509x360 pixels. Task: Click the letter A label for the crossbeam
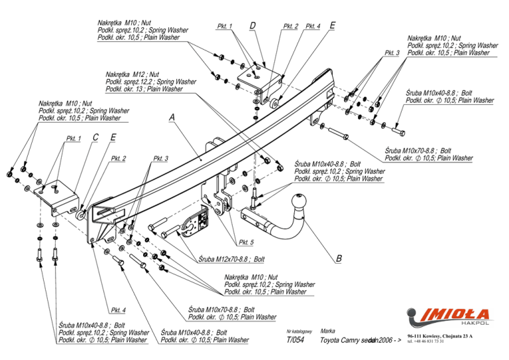tap(172, 117)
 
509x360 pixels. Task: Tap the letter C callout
tap(96, 138)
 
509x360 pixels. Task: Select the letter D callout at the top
tap(253, 26)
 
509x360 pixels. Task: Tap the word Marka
tap(327, 330)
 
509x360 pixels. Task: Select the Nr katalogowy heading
tap(300, 331)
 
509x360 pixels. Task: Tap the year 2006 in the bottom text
tap(384, 340)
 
